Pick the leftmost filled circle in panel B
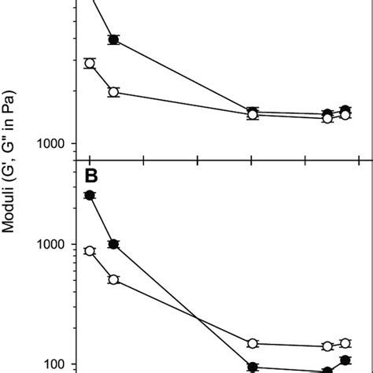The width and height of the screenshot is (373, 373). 90,195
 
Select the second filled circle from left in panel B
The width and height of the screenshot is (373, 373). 113,244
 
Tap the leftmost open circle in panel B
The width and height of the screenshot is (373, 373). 90,250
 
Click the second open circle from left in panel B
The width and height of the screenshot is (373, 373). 113,279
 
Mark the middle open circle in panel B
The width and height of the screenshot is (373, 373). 253,343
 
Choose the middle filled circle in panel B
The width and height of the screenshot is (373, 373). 253,367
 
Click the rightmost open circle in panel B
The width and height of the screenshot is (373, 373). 345,343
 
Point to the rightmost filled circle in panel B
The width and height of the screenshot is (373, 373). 345,360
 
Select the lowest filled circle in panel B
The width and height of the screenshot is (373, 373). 327,371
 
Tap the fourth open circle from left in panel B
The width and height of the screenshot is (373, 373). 327,346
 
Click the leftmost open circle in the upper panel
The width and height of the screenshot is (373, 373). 90,63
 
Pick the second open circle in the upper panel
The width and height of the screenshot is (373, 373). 113,92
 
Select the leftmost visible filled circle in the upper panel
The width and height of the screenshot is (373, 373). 113,39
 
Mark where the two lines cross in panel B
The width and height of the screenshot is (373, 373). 198,319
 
